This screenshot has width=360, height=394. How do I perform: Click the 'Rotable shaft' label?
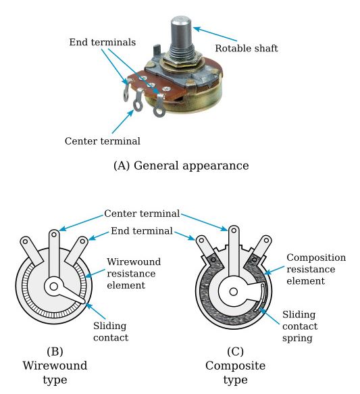[247, 48]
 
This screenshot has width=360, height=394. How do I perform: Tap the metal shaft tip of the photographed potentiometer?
[181, 20]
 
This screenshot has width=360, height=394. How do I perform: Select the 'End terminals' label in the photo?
[103, 42]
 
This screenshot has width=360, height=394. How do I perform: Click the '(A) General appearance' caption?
[181, 166]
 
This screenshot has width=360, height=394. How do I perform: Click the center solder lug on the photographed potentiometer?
[138, 100]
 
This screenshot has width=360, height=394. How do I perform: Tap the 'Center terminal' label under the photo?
[103, 141]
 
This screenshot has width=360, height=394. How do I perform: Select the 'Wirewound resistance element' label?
[134, 274]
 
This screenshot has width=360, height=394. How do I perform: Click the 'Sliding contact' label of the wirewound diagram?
[111, 332]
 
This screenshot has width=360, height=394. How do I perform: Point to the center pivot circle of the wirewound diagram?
[54, 286]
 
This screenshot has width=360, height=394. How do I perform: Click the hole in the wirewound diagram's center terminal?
[54, 235]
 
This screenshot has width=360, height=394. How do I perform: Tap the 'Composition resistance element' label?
[316, 269]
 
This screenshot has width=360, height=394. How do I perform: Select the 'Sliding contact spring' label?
[300, 326]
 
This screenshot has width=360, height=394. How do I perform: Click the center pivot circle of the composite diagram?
[234, 292]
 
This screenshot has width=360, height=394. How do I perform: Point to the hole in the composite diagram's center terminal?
[234, 230]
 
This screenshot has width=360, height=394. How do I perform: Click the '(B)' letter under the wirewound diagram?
[55, 351]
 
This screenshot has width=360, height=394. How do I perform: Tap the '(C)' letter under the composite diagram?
[235, 351]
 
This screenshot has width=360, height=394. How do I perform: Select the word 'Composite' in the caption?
[235, 366]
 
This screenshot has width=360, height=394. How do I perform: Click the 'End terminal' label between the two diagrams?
[142, 231]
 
